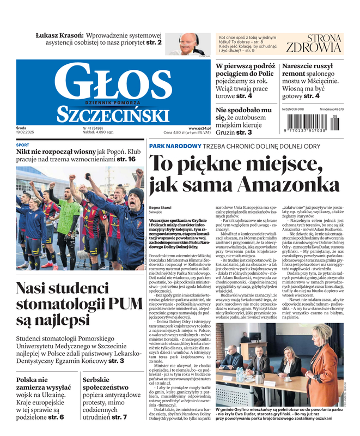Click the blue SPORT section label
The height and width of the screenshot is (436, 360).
pyautogui.click(x=23, y=145)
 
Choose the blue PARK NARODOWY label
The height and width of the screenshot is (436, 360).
pyautogui.click(x=175, y=147)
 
